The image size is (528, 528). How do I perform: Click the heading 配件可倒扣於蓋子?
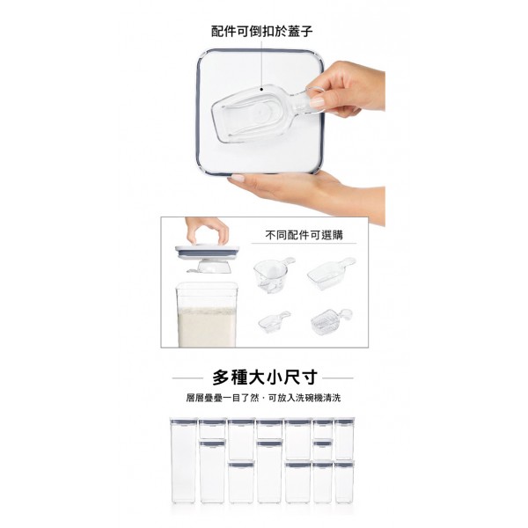(x=261, y=32)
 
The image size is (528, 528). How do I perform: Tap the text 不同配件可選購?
(x=304, y=235)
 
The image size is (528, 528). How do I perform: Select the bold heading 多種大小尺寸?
(x=265, y=378)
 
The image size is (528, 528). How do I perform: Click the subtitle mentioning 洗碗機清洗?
(x=263, y=398)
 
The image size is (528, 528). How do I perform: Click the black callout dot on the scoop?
(x=261, y=89)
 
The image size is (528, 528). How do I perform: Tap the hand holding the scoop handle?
(x=347, y=89)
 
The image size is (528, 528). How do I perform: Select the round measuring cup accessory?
(x=274, y=275)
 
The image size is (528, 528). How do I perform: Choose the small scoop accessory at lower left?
(x=274, y=321)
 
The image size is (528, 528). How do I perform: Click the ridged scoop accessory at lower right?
(x=331, y=321)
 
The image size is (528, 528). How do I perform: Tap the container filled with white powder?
(x=206, y=315)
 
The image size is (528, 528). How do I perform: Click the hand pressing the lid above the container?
(x=207, y=231)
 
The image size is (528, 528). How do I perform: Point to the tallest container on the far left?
(x=183, y=460)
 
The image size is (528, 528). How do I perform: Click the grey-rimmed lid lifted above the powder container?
(x=207, y=252)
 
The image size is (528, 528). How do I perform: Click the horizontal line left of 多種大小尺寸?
(x=188, y=378)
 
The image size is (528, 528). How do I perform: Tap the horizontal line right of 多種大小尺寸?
(x=338, y=378)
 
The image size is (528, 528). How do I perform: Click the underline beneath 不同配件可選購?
(x=304, y=243)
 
